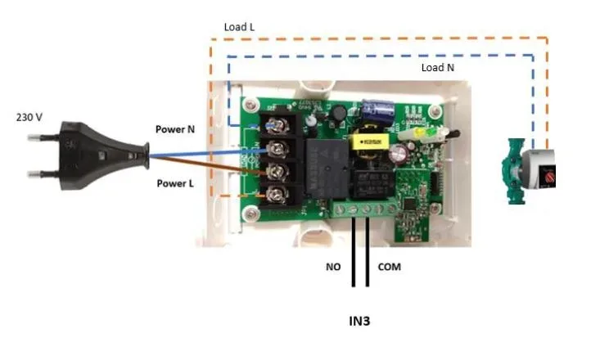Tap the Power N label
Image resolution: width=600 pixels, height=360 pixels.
175,129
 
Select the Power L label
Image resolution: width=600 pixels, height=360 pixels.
175,183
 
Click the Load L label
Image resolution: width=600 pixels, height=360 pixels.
239,27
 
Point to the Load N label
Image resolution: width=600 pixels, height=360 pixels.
437,67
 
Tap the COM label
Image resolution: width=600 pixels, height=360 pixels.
389,267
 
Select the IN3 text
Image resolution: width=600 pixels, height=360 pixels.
359,321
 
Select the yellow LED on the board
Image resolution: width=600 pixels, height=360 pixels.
417,132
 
